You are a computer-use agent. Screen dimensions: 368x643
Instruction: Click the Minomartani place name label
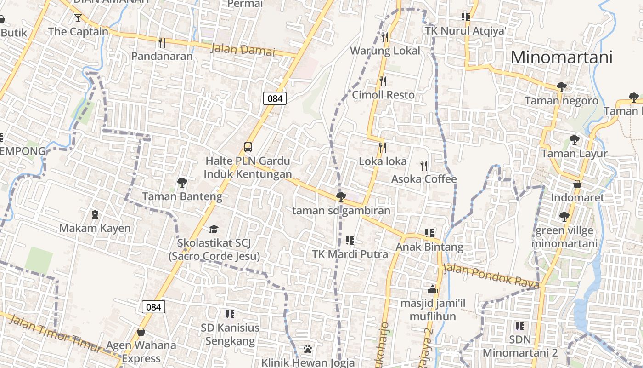click(x=561, y=57)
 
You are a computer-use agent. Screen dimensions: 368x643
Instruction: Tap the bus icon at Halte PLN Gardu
click(x=248, y=147)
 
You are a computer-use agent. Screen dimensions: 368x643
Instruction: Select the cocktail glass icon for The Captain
click(x=78, y=18)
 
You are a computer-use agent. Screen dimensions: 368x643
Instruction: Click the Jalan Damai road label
click(x=242, y=49)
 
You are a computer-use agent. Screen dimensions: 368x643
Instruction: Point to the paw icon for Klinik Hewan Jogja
click(x=308, y=350)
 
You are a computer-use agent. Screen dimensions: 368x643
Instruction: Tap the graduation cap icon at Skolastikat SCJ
click(x=214, y=229)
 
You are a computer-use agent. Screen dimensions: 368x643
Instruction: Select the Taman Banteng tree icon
click(x=182, y=183)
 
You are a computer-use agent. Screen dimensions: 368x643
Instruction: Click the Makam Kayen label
click(x=95, y=228)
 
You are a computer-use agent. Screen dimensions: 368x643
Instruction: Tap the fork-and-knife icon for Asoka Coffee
click(x=424, y=165)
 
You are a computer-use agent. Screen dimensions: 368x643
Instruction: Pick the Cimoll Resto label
click(x=383, y=95)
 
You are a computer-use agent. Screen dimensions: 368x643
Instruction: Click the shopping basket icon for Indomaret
click(x=577, y=184)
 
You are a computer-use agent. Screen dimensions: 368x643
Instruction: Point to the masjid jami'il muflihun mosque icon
click(x=432, y=289)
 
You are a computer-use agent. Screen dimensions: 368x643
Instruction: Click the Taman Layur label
click(x=574, y=154)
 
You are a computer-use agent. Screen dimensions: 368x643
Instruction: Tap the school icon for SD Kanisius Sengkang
click(x=230, y=314)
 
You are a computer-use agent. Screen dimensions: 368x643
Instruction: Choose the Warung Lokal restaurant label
click(x=385, y=51)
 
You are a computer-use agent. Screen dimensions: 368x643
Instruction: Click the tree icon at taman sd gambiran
click(x=341, y=197)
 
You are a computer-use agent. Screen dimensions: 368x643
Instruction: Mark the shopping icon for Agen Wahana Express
click(x=141, y=332)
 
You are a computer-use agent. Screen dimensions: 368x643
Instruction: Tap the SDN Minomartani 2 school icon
click(x=520, y=326)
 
